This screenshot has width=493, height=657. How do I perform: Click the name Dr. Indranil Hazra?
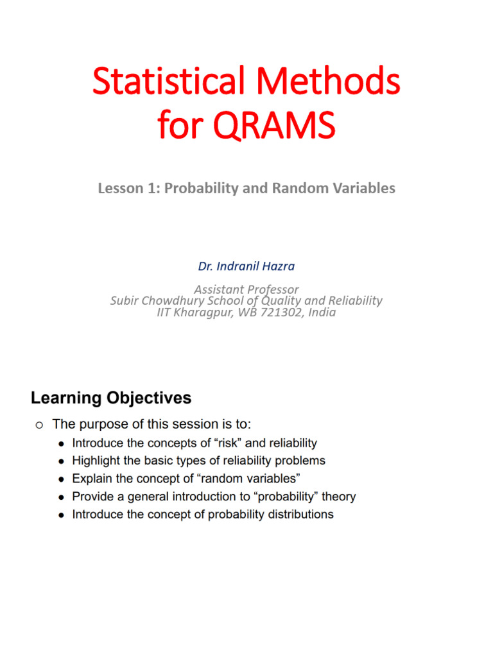246,265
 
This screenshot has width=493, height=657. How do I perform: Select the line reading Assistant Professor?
246,289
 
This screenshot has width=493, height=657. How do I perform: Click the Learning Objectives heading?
111,398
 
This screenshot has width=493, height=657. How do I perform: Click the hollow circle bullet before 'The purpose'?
39,425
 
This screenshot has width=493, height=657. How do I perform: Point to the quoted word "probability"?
282,497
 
